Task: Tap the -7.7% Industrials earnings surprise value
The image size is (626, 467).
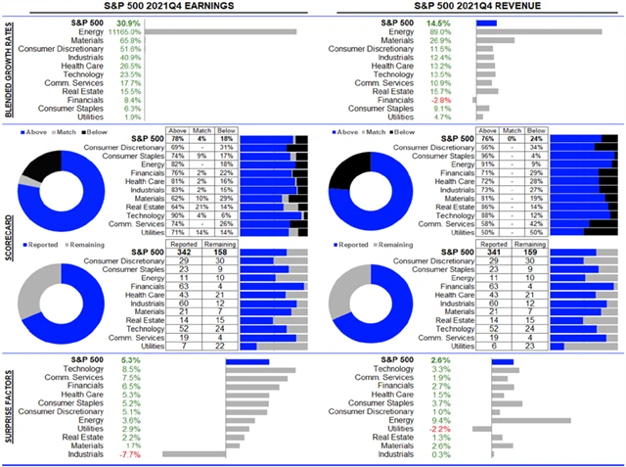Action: coord(129,455)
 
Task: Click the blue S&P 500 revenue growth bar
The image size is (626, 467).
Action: coord(486,22)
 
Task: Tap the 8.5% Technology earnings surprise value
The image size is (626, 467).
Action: coord(130,369)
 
